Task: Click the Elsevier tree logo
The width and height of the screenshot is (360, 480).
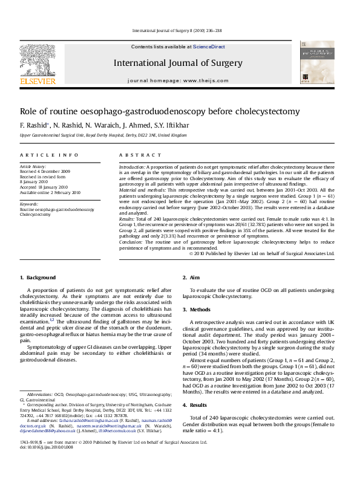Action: pyautogui.click(x=38, y=60)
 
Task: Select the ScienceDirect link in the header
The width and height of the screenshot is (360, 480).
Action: pyautogui.click(x=209, y=47)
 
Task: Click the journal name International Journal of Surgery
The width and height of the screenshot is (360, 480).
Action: pyautogui.click(x=177, y=63)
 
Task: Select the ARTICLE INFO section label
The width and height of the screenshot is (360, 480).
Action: pyautogui.click(x=49, y=155)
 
